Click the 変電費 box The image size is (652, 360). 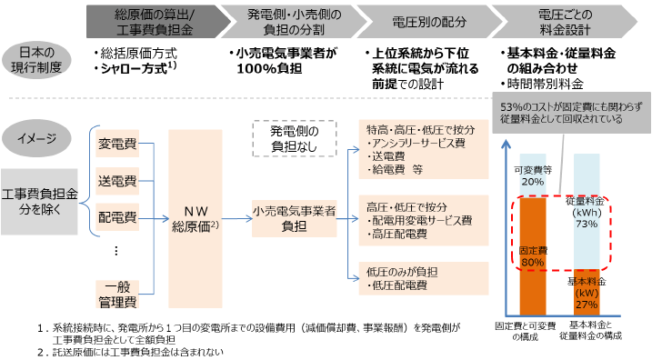(116, 144)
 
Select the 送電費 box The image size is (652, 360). (116, 181)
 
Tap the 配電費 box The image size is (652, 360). (116, 216)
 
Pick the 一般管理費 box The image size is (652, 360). (116, 293)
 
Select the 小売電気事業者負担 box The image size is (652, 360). (294, 217)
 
